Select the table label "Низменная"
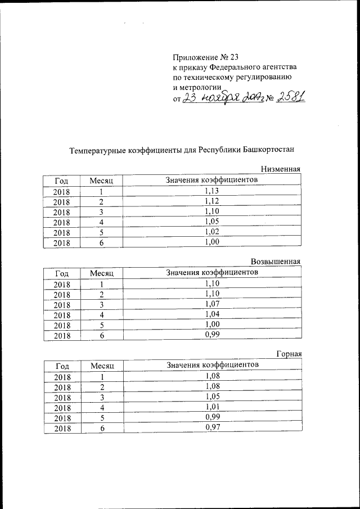tap(281, 169)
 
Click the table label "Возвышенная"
tap(276, 262)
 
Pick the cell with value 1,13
tap(212, 191)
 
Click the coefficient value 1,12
tap(212, 201)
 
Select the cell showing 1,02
tap(212, 231)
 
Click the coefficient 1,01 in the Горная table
tap(212, 407)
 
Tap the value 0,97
tap(212, 427)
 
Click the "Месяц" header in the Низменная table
tap(102, 181)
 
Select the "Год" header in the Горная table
tap(62, 366)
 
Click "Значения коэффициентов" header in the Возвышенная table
tap(212, 273)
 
